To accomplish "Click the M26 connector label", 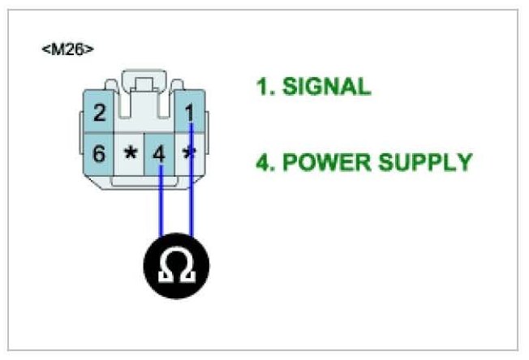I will [67, 50].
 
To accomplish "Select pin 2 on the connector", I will [99, 113].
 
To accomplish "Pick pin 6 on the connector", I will [99, 153].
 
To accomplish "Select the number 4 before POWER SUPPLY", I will [262, 162].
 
